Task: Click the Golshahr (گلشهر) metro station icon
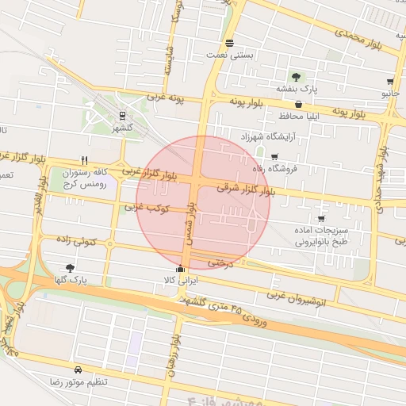(x=121, y=115)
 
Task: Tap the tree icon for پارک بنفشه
(x=296, y=77)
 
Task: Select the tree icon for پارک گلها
(x=71, y=268)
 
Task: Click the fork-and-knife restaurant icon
(x=85, y=159)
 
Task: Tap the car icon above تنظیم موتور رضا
(x=78, y=370)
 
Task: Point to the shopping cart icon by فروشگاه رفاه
(x=274, y=157)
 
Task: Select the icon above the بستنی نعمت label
(x=229, y=44)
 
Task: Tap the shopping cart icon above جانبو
(x=390, y=82)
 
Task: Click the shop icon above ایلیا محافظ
(x=298, y=104)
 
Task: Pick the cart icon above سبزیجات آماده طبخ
(x=320, y=218)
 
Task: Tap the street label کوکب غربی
(x=142, y=208)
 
